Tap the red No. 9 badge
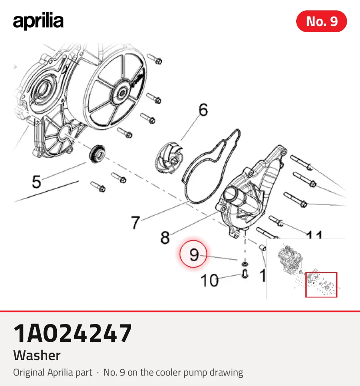pos(321,21)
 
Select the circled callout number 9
pos(193,254)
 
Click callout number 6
pos(203,110)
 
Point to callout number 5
pos(36,182)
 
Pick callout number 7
pos(136,222)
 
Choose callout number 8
pos(165,237)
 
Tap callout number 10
pos(209,280)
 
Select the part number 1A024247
pos(72,333)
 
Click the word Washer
pos(37,355)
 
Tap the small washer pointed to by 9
pos(245,264)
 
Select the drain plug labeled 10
pos(245,274)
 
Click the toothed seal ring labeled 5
pos(97,154)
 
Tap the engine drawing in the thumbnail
pos(290,260)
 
